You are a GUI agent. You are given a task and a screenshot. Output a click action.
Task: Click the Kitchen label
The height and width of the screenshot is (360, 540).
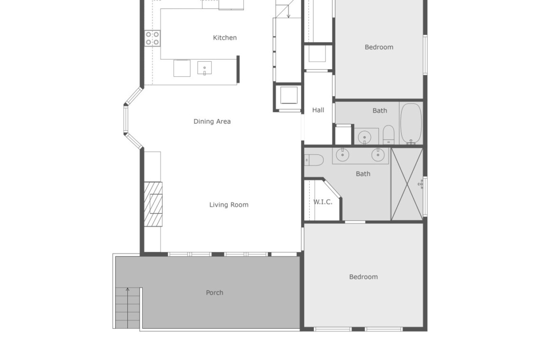click(225, 37)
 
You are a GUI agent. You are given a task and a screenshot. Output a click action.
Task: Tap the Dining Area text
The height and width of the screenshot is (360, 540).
click(212, 121)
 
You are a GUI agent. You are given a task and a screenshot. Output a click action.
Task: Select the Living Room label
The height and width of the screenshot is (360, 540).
click(229, 205)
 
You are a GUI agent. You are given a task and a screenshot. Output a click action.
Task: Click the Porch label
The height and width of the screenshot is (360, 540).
click(214, 292)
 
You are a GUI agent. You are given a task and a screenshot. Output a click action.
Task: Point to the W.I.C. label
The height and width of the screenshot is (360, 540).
click(323, 202)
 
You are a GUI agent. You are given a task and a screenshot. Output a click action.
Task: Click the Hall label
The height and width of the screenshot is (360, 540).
click(318, 110)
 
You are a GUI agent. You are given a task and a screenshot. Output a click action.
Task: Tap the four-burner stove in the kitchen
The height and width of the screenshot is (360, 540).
click(152, 38)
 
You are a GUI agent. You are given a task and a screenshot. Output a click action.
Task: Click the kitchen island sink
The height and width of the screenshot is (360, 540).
click(204, 68)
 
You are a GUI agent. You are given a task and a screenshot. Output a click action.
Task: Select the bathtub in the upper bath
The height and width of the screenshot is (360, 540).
click(411, 123)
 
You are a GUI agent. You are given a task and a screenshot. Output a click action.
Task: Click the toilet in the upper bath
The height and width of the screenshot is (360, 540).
click(388, 135)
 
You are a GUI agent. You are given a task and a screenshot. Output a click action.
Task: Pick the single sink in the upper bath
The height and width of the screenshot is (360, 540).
click(364, 137)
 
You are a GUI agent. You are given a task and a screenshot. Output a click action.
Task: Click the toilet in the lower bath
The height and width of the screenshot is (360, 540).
click(314, 160)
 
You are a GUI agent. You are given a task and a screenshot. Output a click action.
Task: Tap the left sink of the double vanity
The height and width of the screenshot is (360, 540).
click(342, 155)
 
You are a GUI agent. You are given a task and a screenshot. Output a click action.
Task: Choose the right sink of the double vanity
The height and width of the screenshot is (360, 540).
click(378, 155)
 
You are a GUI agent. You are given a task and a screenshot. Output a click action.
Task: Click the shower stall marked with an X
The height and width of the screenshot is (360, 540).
click(407, 184)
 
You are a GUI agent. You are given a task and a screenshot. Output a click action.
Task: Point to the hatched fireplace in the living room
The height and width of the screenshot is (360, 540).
click(153, 204)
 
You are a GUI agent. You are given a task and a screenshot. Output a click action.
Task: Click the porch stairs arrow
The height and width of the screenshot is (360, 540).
click(127, 307)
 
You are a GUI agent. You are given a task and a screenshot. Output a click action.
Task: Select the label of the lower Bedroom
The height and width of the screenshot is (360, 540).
click(363, 277)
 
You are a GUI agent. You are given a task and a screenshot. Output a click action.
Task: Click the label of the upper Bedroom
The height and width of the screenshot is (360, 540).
click(379, 47)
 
